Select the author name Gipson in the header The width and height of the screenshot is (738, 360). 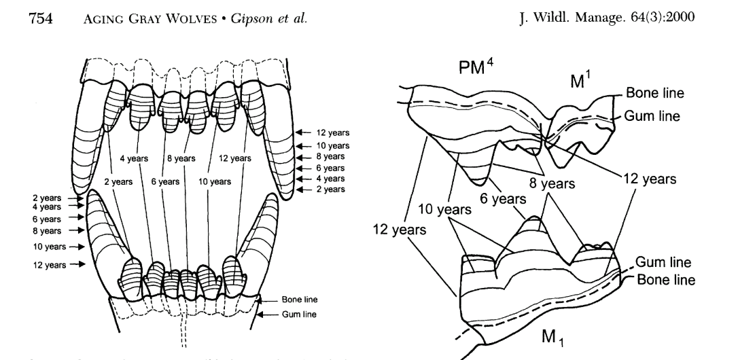(204, 14)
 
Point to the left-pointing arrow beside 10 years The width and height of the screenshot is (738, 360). (305, 146)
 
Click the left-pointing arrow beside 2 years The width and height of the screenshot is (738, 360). (305, 190)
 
